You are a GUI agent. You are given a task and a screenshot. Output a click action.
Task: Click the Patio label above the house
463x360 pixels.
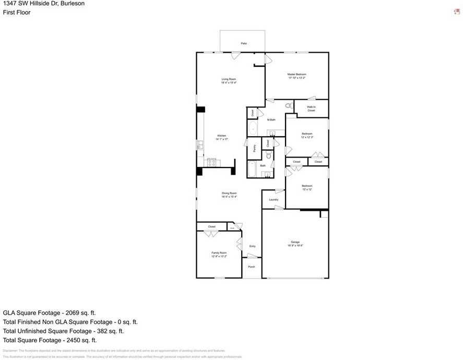(243, 43)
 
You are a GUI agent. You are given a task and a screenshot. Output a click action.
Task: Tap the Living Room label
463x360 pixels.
(229, 79)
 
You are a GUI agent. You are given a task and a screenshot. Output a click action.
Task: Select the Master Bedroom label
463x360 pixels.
(296, 75)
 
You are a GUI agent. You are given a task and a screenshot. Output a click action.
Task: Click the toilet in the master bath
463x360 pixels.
(288, 106)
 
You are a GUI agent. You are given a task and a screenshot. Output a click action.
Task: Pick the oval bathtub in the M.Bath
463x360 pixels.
(253, 128)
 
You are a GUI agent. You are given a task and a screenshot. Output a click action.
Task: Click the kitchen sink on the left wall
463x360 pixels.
(199, 145)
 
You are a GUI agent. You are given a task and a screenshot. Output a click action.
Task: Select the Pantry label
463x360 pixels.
(254, 148)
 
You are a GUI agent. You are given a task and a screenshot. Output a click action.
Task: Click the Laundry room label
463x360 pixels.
(274, 200)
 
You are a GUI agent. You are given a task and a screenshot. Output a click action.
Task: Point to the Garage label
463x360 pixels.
(295, 243)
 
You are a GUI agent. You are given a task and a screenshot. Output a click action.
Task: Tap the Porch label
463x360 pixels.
(252, 267)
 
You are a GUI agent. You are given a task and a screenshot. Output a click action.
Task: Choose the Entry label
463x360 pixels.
(253, 246)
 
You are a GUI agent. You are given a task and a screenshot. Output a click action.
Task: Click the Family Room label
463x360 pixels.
(219, 253)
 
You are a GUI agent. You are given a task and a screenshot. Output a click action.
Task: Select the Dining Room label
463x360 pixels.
(229, 194)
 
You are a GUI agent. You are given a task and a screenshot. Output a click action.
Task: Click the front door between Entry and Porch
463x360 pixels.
(252, 256)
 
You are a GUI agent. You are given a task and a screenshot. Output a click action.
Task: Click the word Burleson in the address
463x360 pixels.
(73, 4)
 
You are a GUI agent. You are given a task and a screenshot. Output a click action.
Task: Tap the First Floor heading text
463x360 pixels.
(17, 13)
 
